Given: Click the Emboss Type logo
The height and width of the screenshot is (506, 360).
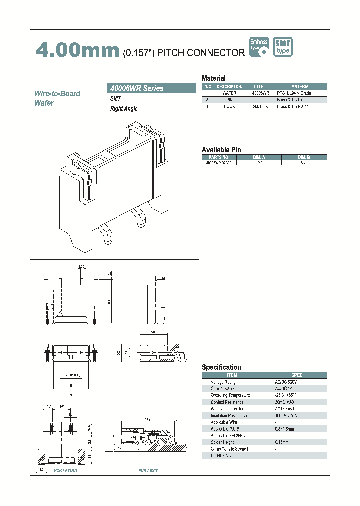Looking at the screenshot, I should coord(259,46).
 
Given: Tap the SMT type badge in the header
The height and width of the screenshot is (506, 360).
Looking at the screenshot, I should coord(283,47).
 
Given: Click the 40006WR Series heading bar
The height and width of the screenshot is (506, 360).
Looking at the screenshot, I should coord(152,88).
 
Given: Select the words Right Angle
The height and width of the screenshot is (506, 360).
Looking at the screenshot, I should coord(124,108).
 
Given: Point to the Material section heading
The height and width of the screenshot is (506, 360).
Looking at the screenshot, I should coord(213,78).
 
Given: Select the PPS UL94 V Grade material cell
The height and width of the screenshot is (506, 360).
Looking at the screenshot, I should coord(300,93).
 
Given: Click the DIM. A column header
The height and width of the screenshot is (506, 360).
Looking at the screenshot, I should coord(259,157).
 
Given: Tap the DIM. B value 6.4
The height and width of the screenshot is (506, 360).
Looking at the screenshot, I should coord(304,163).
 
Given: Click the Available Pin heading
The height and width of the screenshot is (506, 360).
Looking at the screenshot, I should coord(221,150).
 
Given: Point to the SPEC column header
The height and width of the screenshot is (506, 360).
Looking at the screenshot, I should coord(296,375).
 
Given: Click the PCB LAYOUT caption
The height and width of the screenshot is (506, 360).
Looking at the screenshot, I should coord(66,471).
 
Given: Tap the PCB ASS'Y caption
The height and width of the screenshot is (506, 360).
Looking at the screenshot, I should coord(148,471).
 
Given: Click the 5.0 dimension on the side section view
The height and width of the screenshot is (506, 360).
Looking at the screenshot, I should coord(152,332).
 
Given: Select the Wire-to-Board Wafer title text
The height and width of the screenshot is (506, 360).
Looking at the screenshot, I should coord(57,98).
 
